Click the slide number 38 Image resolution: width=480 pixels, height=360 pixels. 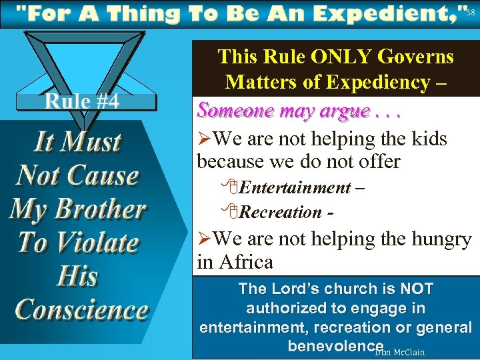[471, 12]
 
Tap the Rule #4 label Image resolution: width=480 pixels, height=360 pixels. [82, 101]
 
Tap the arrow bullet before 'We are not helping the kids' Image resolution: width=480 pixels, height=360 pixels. [204, 139]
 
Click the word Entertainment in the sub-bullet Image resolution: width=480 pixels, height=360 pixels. [293, 188]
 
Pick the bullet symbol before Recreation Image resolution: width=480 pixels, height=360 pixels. [231, 213]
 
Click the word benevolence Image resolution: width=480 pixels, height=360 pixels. [335, 346]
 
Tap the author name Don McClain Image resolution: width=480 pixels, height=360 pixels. [400, 351]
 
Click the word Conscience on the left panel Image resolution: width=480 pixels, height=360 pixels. [81, 310]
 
